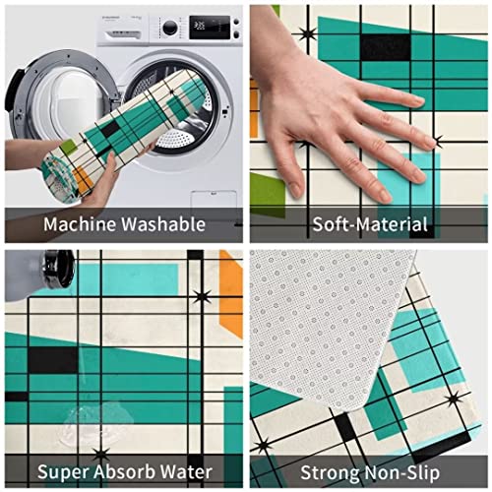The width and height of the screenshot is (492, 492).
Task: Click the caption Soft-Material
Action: (369, 223)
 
